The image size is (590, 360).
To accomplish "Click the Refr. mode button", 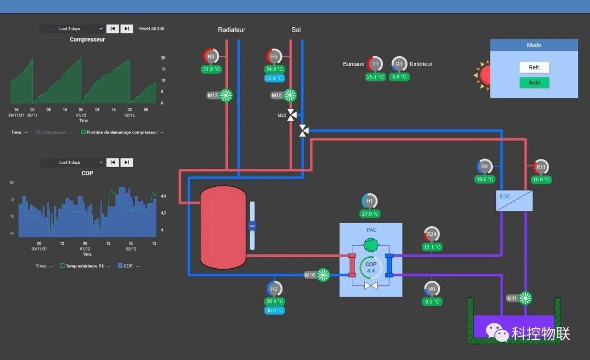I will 534,67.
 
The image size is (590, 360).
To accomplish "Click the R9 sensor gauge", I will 211,56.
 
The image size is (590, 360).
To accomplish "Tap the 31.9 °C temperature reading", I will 211,69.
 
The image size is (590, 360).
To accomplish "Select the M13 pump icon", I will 226,96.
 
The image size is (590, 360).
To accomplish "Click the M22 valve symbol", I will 292,115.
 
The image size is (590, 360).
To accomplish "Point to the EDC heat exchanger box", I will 514,200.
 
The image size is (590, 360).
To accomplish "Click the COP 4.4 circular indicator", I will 371,268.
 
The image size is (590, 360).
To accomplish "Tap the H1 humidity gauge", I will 369,201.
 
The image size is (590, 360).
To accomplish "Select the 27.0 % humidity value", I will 369,214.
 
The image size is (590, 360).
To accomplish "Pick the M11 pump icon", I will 525,298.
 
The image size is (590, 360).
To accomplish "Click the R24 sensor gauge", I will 432,234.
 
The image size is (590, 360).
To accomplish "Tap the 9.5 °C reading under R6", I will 432,302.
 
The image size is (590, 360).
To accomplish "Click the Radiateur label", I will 232,30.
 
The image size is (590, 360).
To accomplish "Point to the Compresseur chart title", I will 87,39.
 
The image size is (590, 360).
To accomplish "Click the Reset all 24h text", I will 151,28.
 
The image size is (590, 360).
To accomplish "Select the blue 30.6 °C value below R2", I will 274,311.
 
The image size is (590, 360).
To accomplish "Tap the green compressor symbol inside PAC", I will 371,244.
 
